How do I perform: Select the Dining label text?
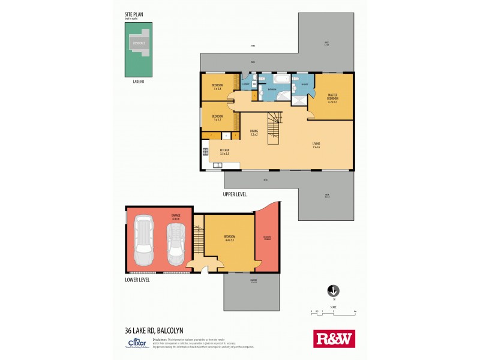[254, 133]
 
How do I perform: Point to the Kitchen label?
[224, 152]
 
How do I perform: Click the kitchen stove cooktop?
[206, 151]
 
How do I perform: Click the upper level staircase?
[275, 127]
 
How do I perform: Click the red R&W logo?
[334, 339]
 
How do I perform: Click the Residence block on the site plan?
[138, 44]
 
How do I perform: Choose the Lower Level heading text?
[137, 280]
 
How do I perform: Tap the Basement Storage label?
[267, 238]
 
